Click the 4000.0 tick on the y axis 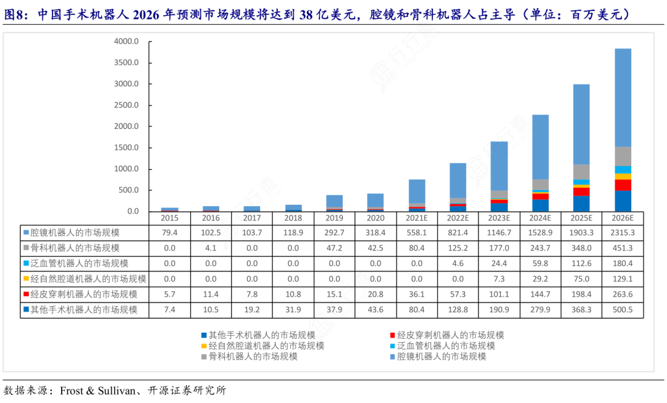pos(127,41)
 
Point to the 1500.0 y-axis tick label pos(127,147)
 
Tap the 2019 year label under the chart pos(334,218)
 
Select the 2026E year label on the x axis pos(622,218)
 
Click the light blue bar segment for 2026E pos(623,98)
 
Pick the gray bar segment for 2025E pos(581,172)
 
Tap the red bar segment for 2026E pos(623,185)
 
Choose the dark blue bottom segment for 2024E pos(540,206)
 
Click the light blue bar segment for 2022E pos(458,180)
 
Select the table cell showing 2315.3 pos(622,233)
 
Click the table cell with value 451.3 pos(622,248)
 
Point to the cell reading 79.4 pos(170,233)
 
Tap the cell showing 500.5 pos(622,310)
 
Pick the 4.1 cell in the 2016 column pos(211,248)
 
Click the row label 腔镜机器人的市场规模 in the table pos(75,233)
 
